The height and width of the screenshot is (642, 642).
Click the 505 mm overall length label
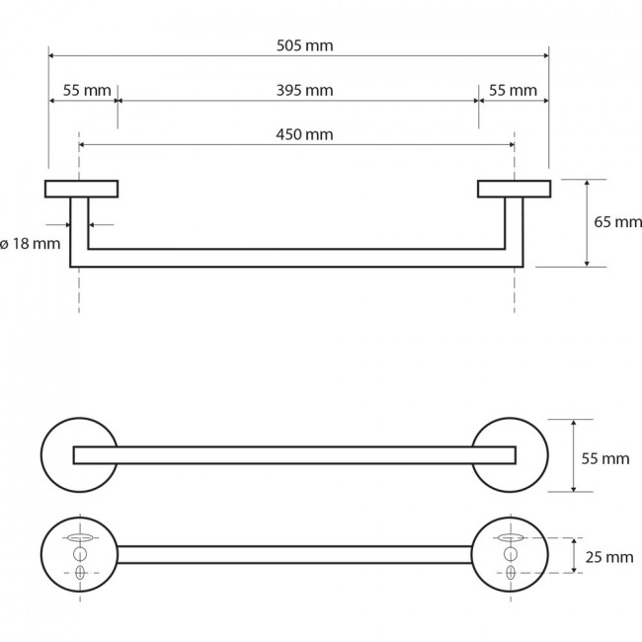click(304, 45)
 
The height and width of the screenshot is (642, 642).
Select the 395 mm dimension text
click(304, 90)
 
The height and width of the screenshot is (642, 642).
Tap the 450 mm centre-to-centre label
click(304, 134)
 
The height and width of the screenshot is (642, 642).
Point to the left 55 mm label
click(87, 90)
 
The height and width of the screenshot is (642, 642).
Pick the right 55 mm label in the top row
click(513, 90)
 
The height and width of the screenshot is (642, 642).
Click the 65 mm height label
click(618, 222)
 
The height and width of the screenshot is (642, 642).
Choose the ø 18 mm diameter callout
click(31, 244)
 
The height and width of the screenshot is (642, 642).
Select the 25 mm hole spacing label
click(609, 557)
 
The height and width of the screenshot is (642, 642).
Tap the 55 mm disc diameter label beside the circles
click(605, 458)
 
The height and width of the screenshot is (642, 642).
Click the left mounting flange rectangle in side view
click(81, 189)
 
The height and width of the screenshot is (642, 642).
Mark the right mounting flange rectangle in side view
click(514, 189)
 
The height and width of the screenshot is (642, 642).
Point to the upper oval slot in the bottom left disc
click(80, 537)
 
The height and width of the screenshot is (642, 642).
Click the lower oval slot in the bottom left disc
click(80, 573)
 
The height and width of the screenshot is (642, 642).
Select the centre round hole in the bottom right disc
click(511, 554)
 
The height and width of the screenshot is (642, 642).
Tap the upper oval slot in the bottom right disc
click(511, 537)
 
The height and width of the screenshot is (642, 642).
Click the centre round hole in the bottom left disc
click(80, 554)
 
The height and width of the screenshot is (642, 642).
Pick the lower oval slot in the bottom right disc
click(511, 573)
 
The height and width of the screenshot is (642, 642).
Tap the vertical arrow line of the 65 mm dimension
click(587, 223)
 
